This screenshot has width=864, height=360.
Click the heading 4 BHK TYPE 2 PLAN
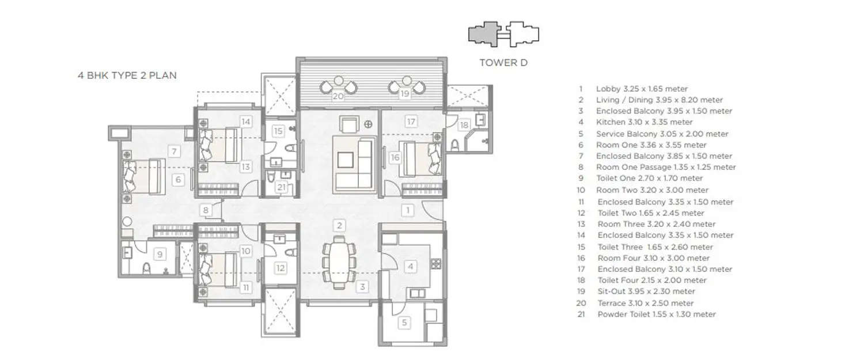coord(127,75)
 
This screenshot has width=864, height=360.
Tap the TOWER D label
coord(503,63)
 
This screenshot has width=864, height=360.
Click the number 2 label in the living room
coord(340,225)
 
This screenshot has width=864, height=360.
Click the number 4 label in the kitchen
coord(411,267)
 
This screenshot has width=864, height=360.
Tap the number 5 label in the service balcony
coord(405,323)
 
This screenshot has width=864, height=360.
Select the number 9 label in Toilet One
coord(161,253)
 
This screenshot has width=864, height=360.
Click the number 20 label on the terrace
coord(338,96)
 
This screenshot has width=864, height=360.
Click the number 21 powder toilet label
coord(281,187)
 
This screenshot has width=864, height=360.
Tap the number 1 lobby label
coord(408,210)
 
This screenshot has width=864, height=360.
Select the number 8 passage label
coord(204,210)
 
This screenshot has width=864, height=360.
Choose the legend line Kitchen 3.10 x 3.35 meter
coord(644,122)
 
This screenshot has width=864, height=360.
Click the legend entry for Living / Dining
coord(659,100)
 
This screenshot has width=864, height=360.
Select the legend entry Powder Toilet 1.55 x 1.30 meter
coord(656,314)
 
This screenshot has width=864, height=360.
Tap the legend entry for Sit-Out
coord(645,291)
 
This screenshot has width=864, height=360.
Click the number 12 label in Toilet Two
coord(281,267)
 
